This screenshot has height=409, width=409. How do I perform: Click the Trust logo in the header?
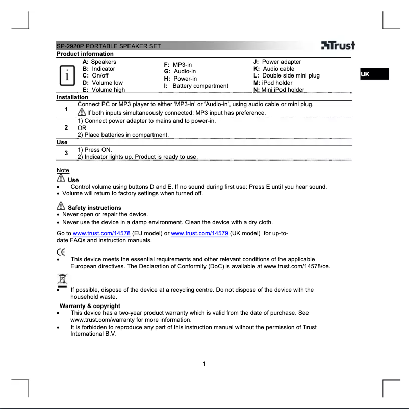338,45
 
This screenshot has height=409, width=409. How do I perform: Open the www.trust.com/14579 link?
199,234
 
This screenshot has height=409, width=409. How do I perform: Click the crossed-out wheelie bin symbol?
61,280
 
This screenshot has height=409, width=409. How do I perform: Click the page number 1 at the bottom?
204,364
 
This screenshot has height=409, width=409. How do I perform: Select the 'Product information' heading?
85,54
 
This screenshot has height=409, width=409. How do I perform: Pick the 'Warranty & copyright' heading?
90,306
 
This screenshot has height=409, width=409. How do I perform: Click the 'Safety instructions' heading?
94,208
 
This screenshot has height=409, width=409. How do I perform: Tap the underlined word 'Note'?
63,170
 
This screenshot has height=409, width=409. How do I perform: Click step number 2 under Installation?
66,127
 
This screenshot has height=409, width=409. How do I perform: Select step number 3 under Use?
66,153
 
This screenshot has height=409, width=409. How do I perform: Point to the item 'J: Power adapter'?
277,62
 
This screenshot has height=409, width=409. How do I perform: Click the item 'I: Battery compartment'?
196,86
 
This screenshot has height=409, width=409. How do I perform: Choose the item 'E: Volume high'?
104,90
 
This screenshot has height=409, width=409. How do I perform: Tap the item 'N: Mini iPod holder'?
278,90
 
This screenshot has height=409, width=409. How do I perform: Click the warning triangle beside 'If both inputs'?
82,112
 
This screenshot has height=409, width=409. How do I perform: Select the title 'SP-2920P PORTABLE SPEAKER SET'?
109,46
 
